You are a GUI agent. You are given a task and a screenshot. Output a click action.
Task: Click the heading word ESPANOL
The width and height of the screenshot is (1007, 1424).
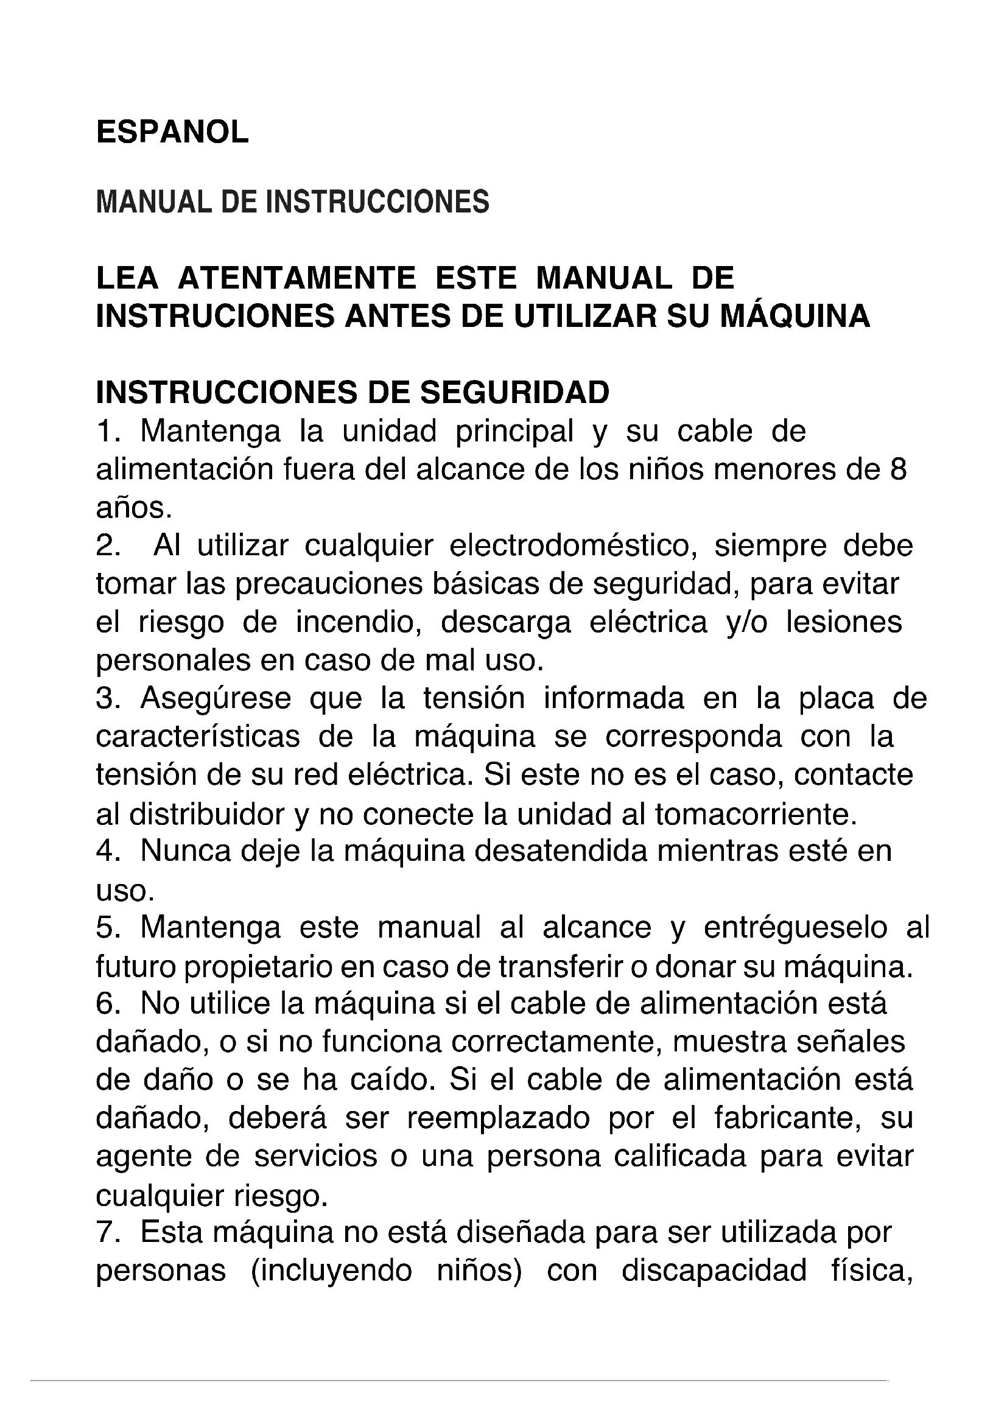(x=172, y=132)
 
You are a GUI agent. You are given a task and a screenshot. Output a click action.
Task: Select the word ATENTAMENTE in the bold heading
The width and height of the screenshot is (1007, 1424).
(x=296, y=278)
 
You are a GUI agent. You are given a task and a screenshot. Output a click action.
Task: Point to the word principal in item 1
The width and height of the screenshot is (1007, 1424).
(x=514, y=432)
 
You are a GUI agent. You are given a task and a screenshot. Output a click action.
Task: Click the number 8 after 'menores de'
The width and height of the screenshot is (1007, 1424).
(x=898, y=469)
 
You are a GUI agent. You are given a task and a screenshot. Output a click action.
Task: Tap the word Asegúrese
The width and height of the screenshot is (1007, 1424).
(x=216, y=699)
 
